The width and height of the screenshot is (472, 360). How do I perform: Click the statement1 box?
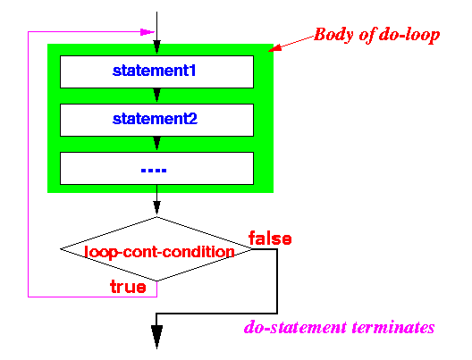coord(156,71)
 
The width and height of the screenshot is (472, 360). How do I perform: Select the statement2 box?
coord(156,120)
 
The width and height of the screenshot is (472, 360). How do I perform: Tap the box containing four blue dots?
coord(156,169)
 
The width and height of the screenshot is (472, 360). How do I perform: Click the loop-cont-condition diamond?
coord(156,249)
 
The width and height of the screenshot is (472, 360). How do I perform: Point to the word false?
coord(270,239)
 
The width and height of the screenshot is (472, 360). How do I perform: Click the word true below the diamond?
coord(128,287)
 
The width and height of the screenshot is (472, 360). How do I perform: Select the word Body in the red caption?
coord(333,35)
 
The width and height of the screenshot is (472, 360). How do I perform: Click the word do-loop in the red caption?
coord(409,35)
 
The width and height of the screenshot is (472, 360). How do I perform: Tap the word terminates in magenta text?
coord(393,327)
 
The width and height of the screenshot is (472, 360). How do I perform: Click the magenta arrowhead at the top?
coord(147,32)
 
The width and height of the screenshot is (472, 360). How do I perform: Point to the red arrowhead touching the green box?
coord(274,48)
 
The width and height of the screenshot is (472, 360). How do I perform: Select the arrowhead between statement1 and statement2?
coord(156,95)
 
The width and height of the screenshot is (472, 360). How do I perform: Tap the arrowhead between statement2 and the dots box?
coord(156,144)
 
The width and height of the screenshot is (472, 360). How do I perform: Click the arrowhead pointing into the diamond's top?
coord(156,207)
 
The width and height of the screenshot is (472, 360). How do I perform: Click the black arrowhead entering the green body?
coord(156,47)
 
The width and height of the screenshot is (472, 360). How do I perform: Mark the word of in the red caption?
coord(367,35)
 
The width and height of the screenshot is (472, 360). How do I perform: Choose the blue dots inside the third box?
coord(154,171)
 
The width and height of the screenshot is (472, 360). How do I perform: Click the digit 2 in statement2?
coord(193,119)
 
